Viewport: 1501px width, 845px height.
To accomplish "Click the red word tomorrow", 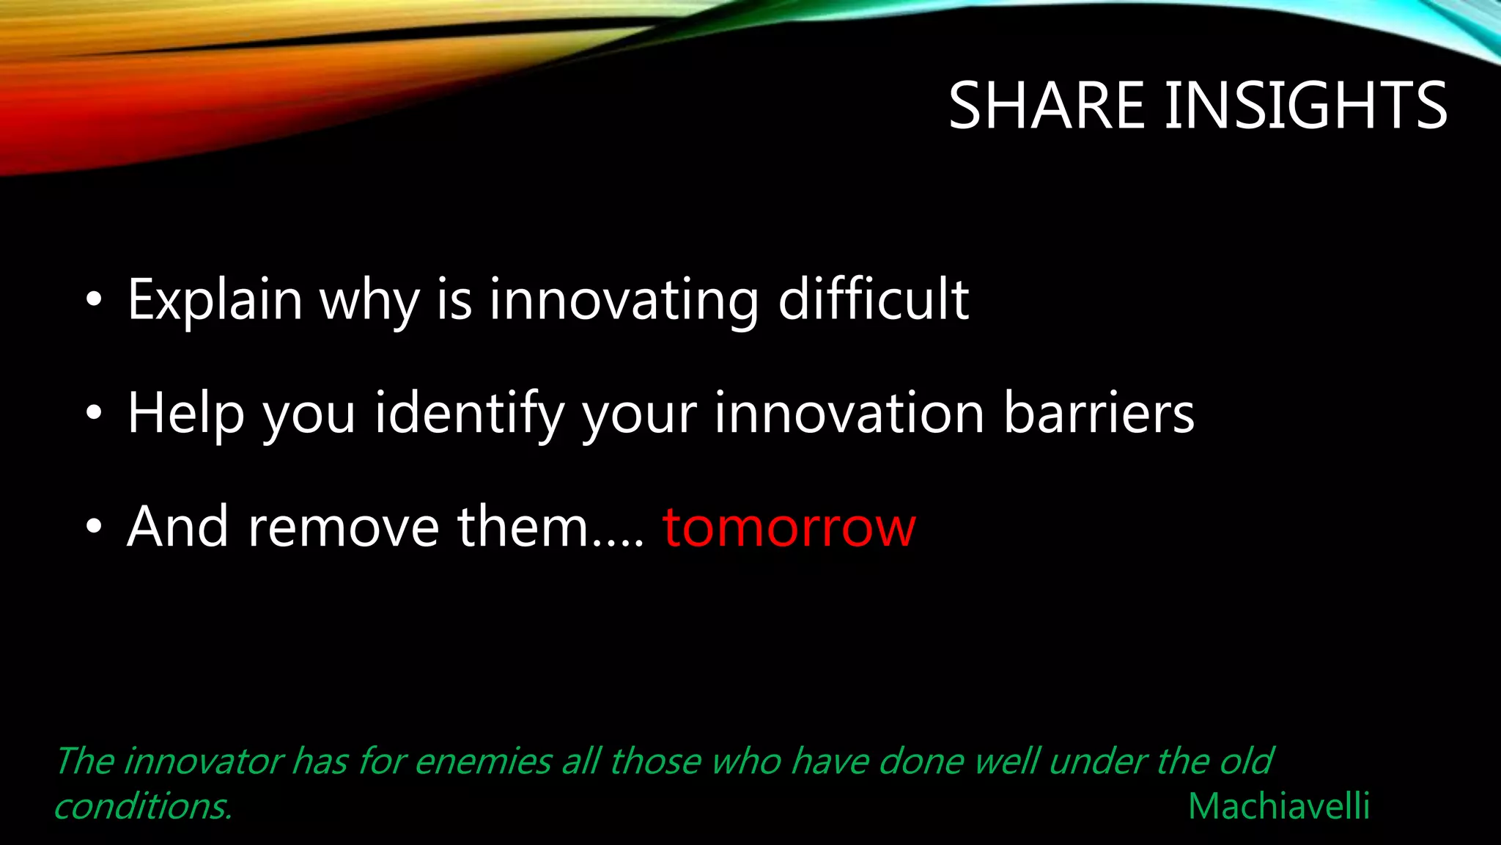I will (789, 527).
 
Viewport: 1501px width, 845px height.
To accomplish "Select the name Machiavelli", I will (1278, 806).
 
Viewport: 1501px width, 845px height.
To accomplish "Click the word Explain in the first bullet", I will (215, 300).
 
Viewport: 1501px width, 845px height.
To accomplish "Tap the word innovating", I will (624, 300).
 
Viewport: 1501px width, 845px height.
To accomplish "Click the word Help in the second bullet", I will (185, 414).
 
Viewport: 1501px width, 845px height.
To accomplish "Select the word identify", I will (469, 414).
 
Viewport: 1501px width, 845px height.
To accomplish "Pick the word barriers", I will (1098, 413).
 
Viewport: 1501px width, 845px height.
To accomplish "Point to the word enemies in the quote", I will (483, 761).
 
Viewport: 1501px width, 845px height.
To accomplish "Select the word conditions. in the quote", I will (144, 806).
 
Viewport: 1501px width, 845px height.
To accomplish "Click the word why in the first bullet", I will (369, 301).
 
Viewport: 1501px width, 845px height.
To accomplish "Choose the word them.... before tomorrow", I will (550, 527).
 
